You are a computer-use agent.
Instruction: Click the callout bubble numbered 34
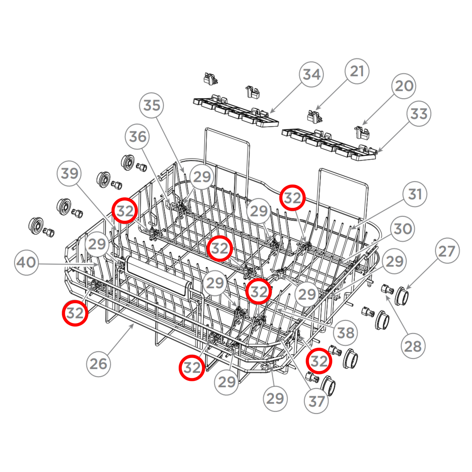[311, 74]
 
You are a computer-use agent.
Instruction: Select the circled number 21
[357, 71]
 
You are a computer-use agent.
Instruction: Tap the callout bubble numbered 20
[404, 86]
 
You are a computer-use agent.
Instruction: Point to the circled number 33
[419, 114]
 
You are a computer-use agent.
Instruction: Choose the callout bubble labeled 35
[152, 105]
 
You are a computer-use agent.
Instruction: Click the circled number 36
[138, 136]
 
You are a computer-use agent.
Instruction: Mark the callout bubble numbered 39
[69, 173]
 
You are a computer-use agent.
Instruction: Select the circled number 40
[26, 262]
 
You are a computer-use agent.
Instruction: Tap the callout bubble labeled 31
[415, 194]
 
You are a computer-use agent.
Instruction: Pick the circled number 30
[403, 229]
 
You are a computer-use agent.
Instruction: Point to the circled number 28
[413, 346]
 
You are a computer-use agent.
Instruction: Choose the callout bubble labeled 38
[346, 333]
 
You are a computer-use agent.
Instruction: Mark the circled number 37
[316, 401]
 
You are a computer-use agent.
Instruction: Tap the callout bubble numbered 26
[98, 364]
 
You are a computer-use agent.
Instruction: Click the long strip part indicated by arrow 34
[235, 111]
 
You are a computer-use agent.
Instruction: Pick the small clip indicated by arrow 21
[314, 117]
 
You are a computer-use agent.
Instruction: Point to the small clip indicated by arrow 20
[361, 132]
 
